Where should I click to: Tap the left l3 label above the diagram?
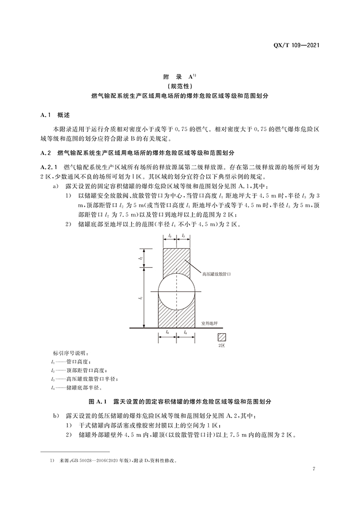click(169, 236)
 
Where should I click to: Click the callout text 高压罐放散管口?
click(217, 274)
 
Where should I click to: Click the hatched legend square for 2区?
click(222, 337)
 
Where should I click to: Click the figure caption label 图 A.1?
click(98, 401)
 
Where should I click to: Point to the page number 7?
click(314, 468)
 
